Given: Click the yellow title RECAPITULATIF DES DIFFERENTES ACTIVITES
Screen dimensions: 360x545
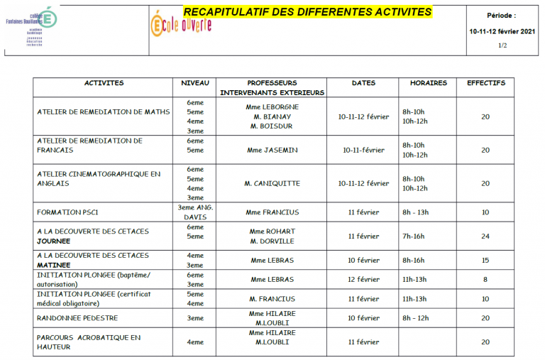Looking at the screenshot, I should click(x=307, y=12).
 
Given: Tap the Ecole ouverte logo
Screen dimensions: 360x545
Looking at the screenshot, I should click(x=182, y=24).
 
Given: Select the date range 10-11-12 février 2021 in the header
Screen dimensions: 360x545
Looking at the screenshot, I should click(x=502, y=31).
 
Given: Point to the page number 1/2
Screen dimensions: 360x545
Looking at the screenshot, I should click(x=502, y=45).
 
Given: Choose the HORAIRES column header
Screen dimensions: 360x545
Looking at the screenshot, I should click(x=428, y=83).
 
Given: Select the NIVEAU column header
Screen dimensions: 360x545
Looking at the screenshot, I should click(x=195, y=83).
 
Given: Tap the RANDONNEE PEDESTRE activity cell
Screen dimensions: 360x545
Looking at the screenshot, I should click(x=77, y=317).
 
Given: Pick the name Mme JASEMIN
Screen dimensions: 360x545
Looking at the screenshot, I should click(x=272, y=150).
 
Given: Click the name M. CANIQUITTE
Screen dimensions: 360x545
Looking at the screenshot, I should click(x=272, y=183).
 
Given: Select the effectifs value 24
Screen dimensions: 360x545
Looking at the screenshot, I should click(x=485, y=236).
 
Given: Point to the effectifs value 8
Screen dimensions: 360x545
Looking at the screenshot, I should click(x=485, y=280).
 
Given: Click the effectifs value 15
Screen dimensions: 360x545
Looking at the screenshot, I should click(x=485, y=261).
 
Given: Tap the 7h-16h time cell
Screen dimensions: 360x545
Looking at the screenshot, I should click(x=414, y=236).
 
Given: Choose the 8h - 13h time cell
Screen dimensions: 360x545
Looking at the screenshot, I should click(x=417, y=212).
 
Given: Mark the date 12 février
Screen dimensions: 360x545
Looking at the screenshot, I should click(x=363, y=280).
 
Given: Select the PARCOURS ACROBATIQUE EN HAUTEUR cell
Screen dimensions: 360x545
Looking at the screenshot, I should click(x=89, y=342).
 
